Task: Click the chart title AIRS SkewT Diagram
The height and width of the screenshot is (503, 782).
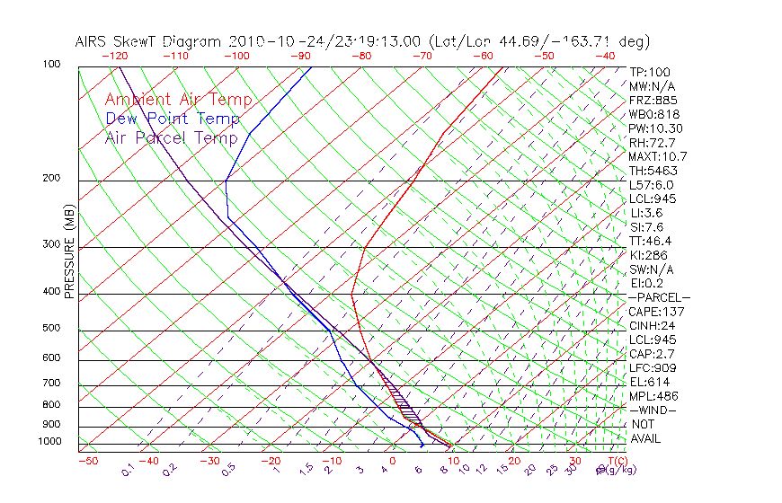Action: pos(149,41)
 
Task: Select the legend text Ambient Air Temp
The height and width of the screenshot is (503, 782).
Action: pos(178,101)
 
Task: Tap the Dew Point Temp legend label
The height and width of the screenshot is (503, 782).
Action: pos(173,119)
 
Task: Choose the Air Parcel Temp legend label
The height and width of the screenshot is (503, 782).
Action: pos(172,137)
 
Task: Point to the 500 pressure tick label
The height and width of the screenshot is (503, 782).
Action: pos(52,328)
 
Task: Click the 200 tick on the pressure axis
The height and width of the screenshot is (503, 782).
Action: pos(52,178)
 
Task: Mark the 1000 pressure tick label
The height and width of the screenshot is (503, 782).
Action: pos(49,441)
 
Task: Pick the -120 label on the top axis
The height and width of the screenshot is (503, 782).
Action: pos(115,56)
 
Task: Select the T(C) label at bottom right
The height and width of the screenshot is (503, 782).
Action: pos(616,461)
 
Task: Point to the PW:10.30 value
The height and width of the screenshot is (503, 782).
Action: pos(656,128)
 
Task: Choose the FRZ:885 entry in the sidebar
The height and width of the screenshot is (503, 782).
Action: pos(651,101)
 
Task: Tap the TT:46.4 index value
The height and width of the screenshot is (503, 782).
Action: pos(651,241)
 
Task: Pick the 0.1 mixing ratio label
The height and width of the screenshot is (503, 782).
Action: pos(127,470)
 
